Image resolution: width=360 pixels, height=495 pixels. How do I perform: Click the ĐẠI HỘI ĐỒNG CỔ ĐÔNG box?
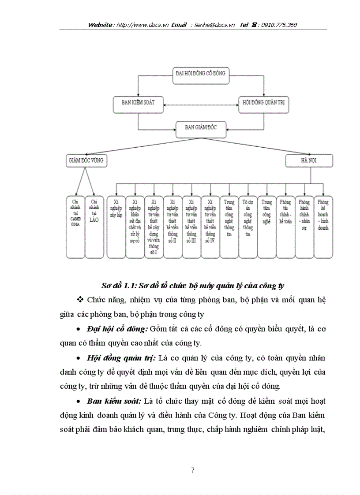tap(201, 74)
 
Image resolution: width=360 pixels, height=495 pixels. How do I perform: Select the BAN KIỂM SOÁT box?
tap(138, 102)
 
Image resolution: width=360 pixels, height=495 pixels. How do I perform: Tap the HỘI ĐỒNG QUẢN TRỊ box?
tap(263, 102)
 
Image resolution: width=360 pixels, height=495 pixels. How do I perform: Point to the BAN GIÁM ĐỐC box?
tap(201, 127)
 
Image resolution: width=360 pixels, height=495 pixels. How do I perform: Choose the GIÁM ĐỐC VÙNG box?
tap(86, 160)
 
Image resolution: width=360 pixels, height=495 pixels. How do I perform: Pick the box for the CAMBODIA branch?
tap(75, 226)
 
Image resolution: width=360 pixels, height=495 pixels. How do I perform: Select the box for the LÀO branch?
tap(94, 226)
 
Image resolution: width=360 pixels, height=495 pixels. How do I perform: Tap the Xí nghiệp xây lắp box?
tap(116, 226)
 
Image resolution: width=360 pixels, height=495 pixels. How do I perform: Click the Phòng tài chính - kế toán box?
tap(285, 226)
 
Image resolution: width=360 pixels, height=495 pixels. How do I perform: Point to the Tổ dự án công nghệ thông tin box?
tap(247, 226)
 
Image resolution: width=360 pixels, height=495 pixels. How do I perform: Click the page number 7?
tap(193, 470)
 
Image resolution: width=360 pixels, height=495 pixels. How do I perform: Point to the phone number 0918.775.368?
tap(279, 25)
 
